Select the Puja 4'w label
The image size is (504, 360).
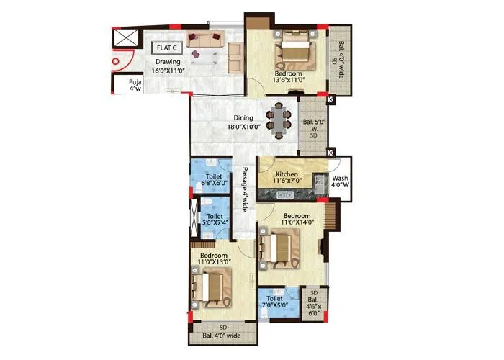click(134, 86)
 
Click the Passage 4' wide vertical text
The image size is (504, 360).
click(245, 189)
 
